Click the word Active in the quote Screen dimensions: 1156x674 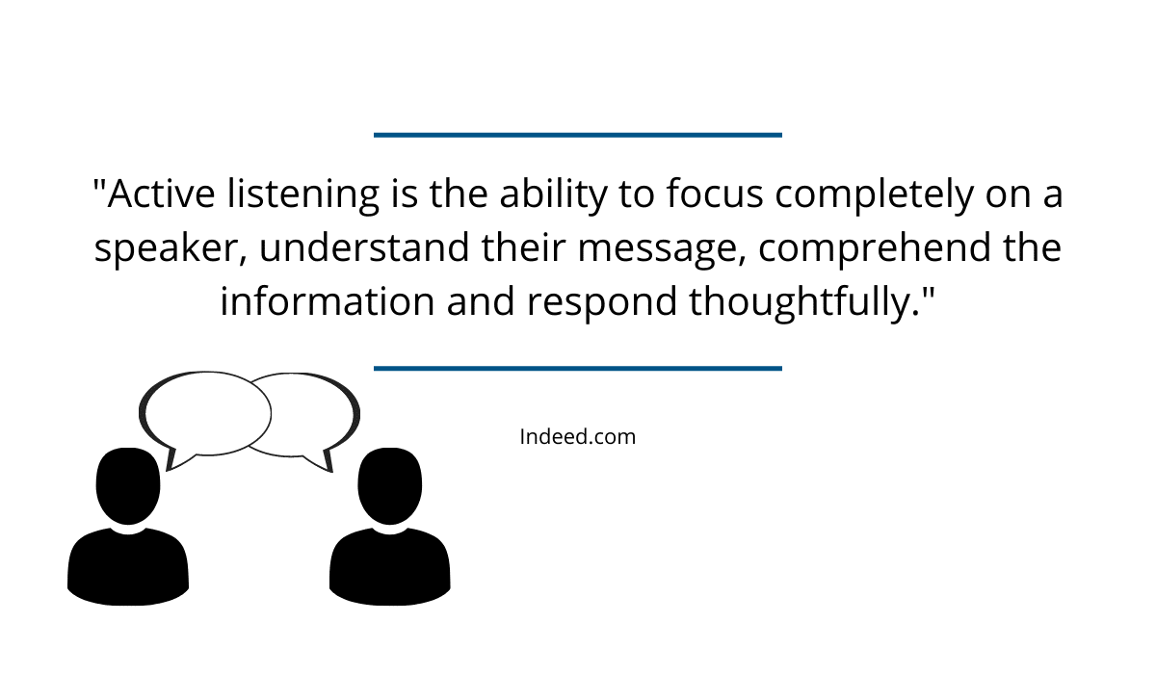(x=161, y=194)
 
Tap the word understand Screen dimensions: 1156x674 (x=364, y=246)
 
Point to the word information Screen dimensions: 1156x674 (x=328, y=300)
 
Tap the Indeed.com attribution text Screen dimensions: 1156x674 (x=577, y=437)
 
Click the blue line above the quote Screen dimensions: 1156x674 (x=578, y=135)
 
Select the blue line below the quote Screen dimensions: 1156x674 (x=578, y=368)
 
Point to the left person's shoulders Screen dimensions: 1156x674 (x=128, y=566)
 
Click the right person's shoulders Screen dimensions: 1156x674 (x=389, y=566)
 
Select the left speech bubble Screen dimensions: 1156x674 (x=143, y=412)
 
